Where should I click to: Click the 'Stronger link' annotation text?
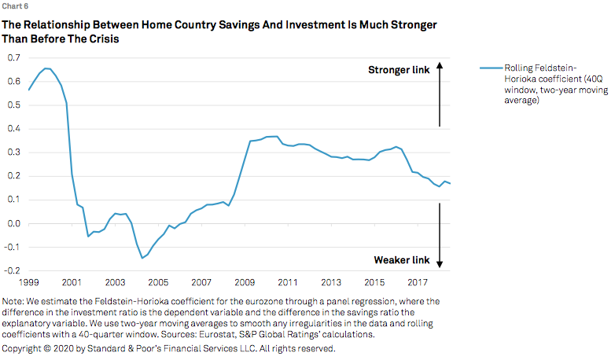point(399,70)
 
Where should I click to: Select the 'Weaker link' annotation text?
point(401,260)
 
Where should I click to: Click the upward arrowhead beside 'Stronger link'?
point(440,64)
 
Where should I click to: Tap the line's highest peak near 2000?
point(46,68)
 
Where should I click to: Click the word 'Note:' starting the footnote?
point(15,301)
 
